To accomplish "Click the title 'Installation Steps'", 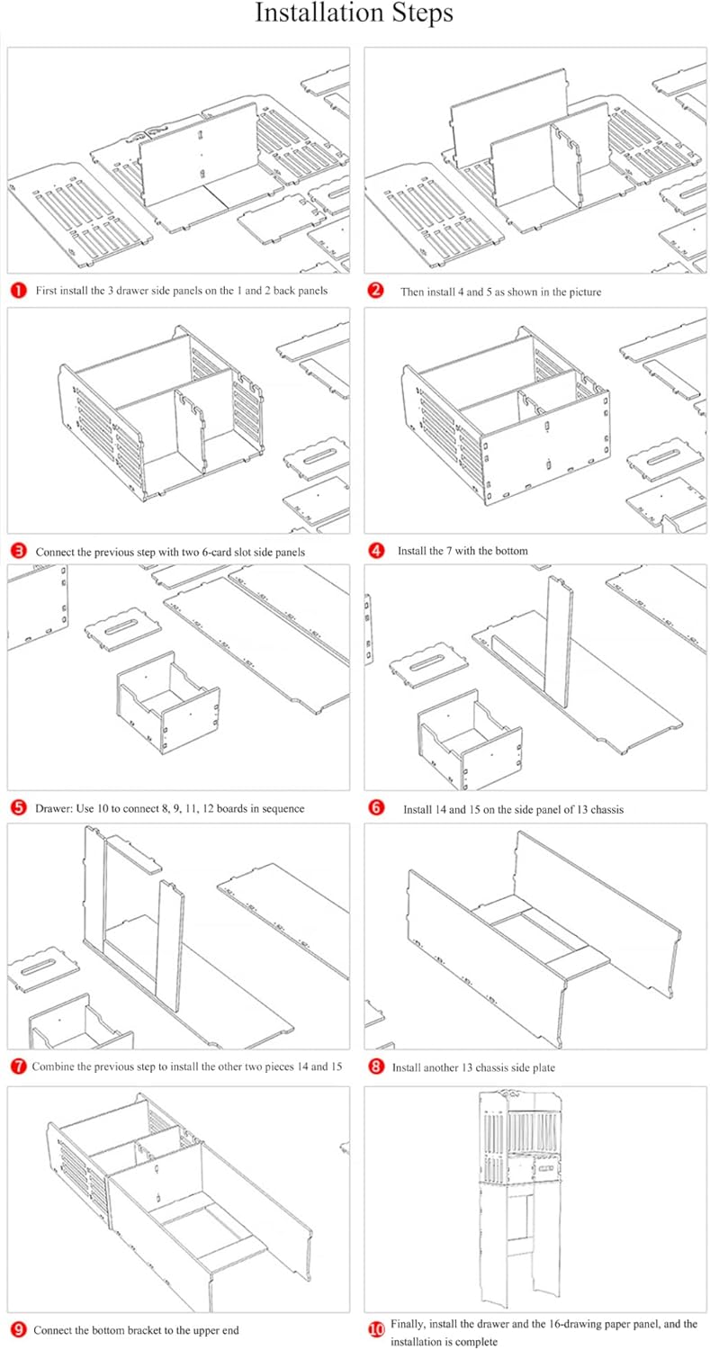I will pos(354,14).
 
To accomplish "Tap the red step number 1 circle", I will pos(18,291).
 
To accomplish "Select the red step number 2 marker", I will pos(376,291).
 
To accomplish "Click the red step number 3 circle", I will pos(18,551).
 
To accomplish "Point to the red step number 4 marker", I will pos(376,550).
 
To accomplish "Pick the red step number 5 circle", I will pos(18,808).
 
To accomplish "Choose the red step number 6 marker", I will pos(376,808).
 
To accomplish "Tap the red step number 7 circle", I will pos(18,1066).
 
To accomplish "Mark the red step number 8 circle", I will pos(376,1066).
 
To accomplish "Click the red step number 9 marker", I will pos(18,1329).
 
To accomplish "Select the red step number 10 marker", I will pos(376,1329).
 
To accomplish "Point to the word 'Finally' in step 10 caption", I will pos(409,1324).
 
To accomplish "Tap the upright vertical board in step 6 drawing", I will pos(558,643).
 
